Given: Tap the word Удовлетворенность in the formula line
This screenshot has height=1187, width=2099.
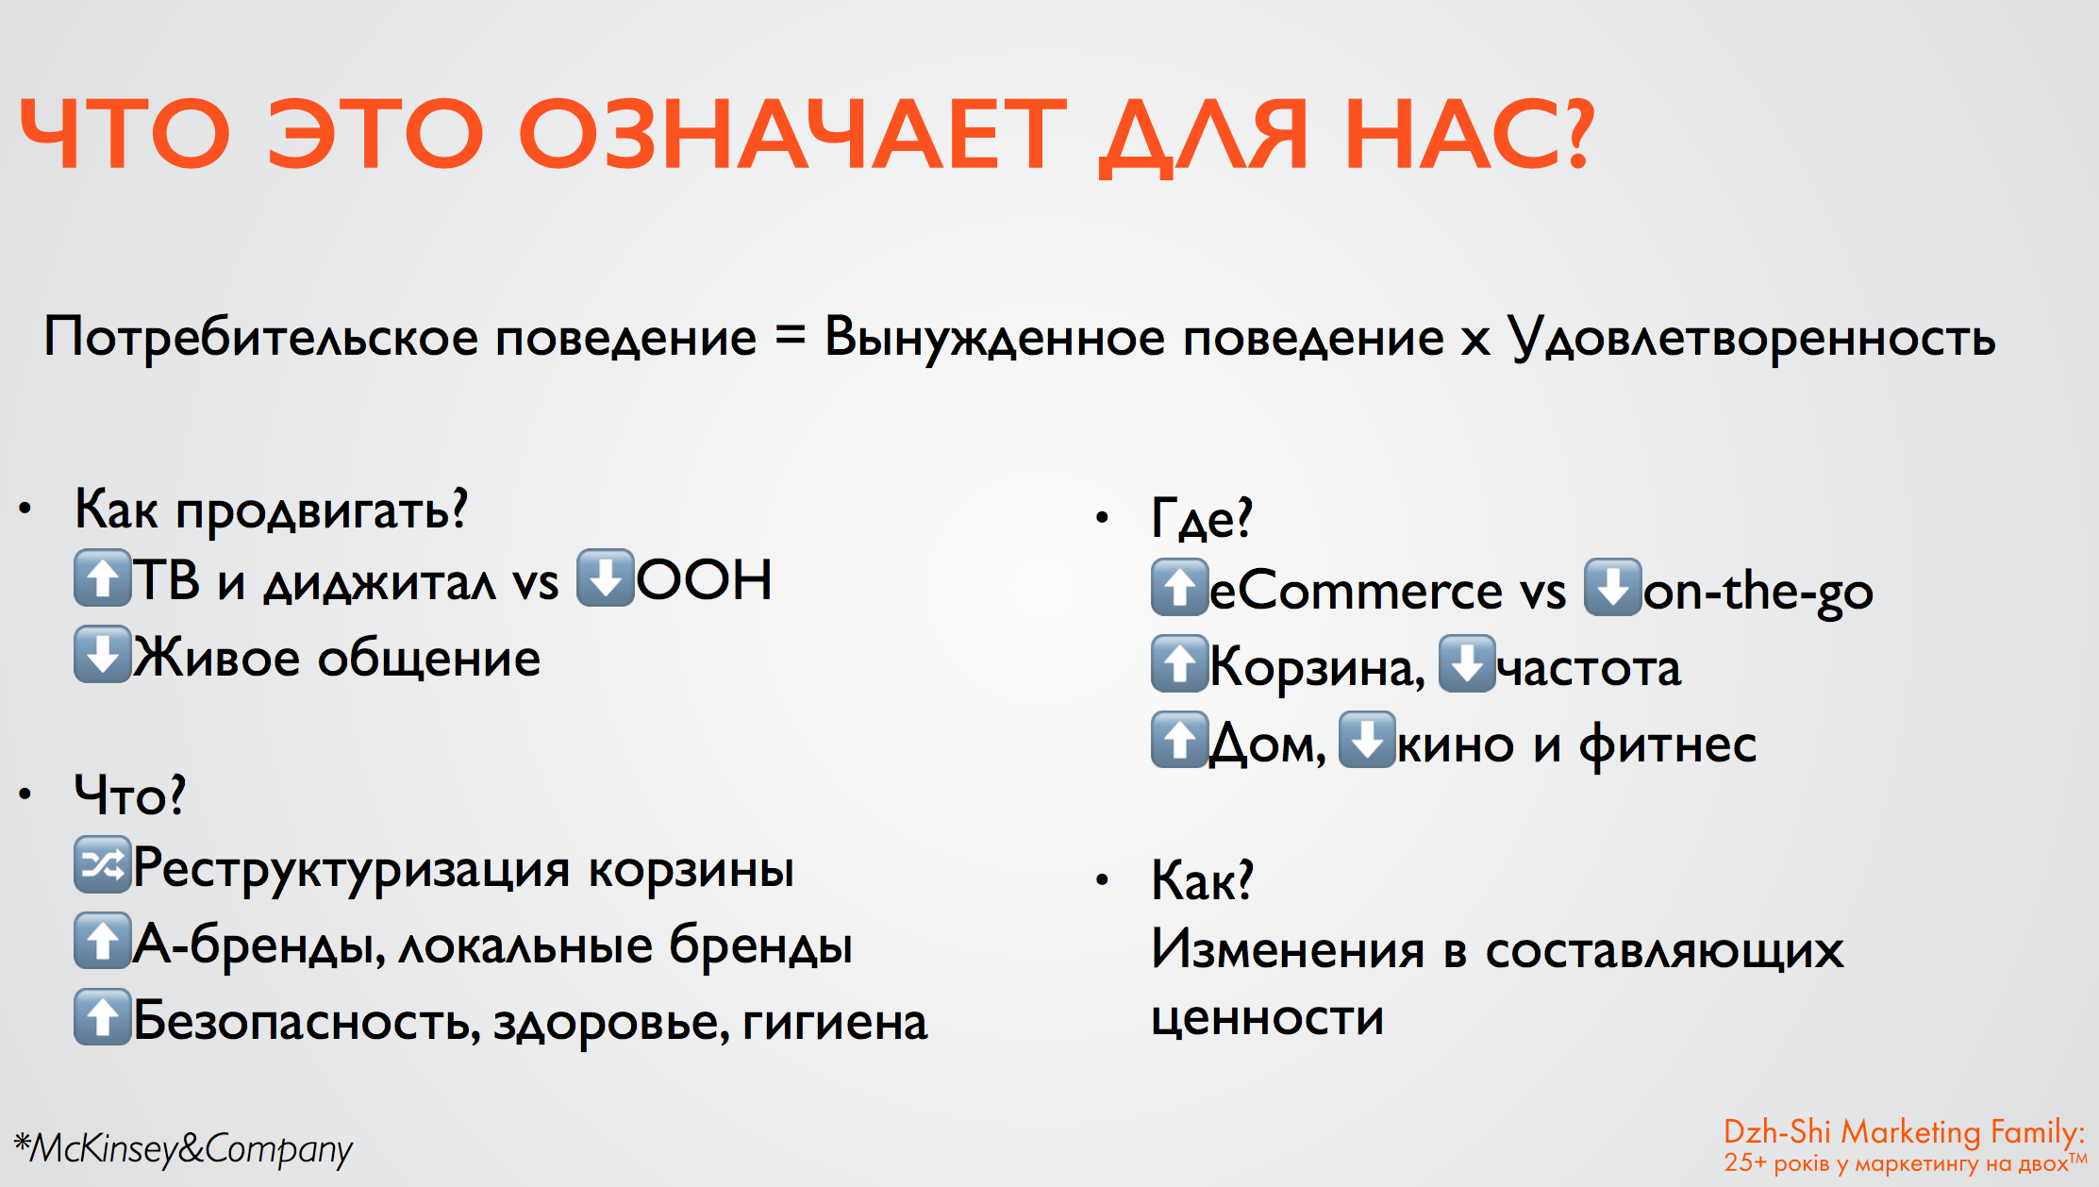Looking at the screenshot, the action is (1752, 339).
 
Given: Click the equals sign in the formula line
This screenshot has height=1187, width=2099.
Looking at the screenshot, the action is (790, 336).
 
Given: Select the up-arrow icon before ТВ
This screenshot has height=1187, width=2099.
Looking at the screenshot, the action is (102, 577).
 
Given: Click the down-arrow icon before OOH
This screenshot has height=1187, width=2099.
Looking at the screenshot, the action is (605, 577).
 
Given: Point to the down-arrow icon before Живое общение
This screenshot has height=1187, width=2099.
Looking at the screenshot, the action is (102, 654).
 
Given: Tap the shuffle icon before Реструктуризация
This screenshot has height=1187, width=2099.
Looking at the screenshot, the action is (102, 864).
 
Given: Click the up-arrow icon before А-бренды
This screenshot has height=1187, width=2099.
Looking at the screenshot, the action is (102, 941).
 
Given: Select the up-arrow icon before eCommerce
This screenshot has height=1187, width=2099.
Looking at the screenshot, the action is (1179, 587).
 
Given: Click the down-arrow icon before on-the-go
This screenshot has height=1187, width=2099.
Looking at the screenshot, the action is (1612, 587).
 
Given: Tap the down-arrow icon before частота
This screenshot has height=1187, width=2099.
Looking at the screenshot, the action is (1466, 663).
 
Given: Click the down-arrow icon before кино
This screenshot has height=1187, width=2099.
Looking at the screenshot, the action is (1367, 740).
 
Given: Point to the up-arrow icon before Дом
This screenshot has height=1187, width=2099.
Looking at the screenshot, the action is (1179, 740).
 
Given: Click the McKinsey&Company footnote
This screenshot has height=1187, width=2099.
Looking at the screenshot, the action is (183, 1148).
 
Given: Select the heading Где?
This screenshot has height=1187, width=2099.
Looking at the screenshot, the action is (1202, 518).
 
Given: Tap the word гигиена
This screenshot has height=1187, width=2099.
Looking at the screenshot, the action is (835, 1022).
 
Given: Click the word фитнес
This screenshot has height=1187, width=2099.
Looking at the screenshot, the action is (1668, 744).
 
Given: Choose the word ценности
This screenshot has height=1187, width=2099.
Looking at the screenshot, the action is (1267, 1017).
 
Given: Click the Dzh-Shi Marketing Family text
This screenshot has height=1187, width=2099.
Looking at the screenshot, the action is (1904, 1131).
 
